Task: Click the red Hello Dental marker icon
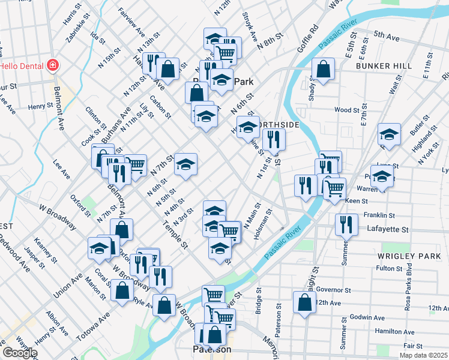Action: (x=52, y=65)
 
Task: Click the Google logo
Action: (x=20, y=352)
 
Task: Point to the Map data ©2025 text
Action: (x=424, y=355)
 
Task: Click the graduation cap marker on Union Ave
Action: (x=99, y=248)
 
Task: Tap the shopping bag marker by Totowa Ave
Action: (x=122, y=290)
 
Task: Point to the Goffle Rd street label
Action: (x=306, y=39)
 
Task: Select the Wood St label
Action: (x=346, y=110)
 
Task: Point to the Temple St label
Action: (x=175, y=233)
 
